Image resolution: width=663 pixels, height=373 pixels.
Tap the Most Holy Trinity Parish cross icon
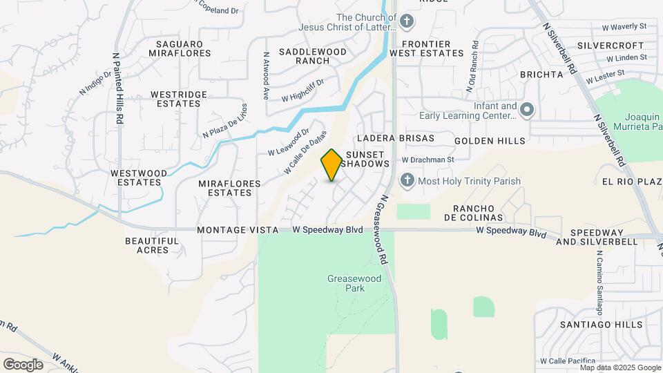pos(407,181)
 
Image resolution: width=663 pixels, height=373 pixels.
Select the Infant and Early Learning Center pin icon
pos(527,111)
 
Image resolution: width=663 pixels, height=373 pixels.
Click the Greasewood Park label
pos(345,283)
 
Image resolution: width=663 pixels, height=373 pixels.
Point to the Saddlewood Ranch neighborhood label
pos(303,56)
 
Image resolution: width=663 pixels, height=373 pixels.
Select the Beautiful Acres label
pos(152,245)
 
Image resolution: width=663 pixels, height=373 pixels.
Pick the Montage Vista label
pos(237,229)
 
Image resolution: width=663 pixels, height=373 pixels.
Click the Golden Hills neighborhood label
pos(490,141)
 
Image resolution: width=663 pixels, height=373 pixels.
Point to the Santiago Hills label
pos(601,324)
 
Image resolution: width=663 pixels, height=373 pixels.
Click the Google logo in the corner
pos(23,364)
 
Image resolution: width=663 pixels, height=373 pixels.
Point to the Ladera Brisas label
pos(396,138)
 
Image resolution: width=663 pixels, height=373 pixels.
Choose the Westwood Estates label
pos(139,178)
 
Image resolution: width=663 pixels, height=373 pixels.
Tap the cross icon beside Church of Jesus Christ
pos(407,21)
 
